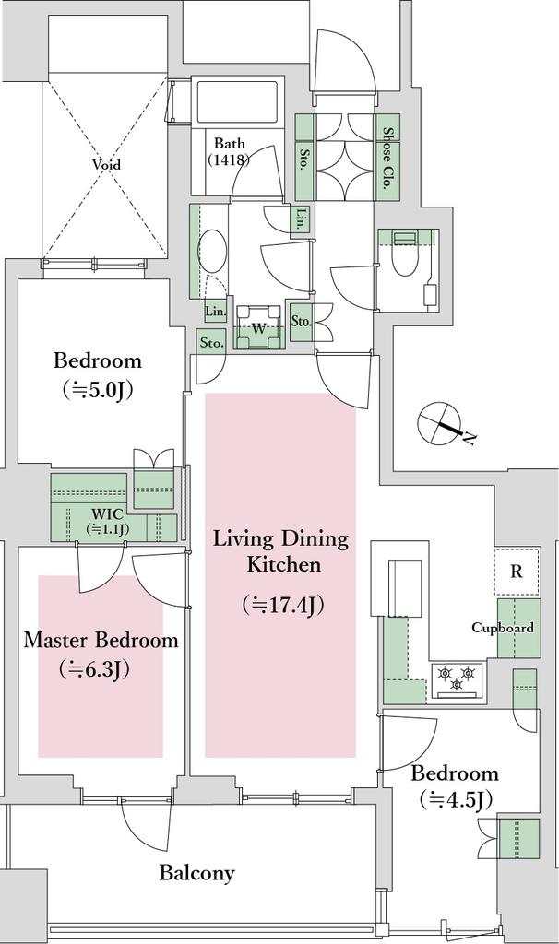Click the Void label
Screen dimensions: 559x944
(106, 164)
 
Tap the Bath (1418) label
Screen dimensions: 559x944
(230, 152)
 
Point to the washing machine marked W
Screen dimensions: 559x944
(258, 327)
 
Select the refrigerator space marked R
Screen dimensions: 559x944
(517, 572)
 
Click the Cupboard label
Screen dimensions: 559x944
(503, 628)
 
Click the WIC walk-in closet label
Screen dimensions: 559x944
(109, 522)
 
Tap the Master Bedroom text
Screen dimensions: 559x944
(101, 640)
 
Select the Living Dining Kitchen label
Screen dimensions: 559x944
(281, 551)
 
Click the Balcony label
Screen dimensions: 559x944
(197, 873)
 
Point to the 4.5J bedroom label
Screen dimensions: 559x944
(455, 785)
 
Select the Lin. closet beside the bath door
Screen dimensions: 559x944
(300, 220)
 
